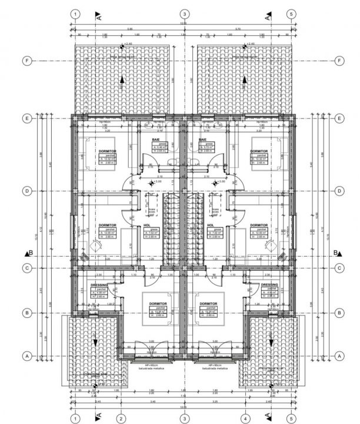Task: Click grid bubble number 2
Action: pos(120,418)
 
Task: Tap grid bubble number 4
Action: pos(242,418)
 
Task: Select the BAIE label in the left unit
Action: pos(156,140)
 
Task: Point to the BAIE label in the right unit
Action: pos(203,140)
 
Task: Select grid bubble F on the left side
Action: pos(26,60)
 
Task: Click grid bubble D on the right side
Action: pos(339,191)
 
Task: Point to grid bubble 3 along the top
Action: pos(185,14)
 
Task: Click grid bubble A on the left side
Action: pos(26,356)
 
